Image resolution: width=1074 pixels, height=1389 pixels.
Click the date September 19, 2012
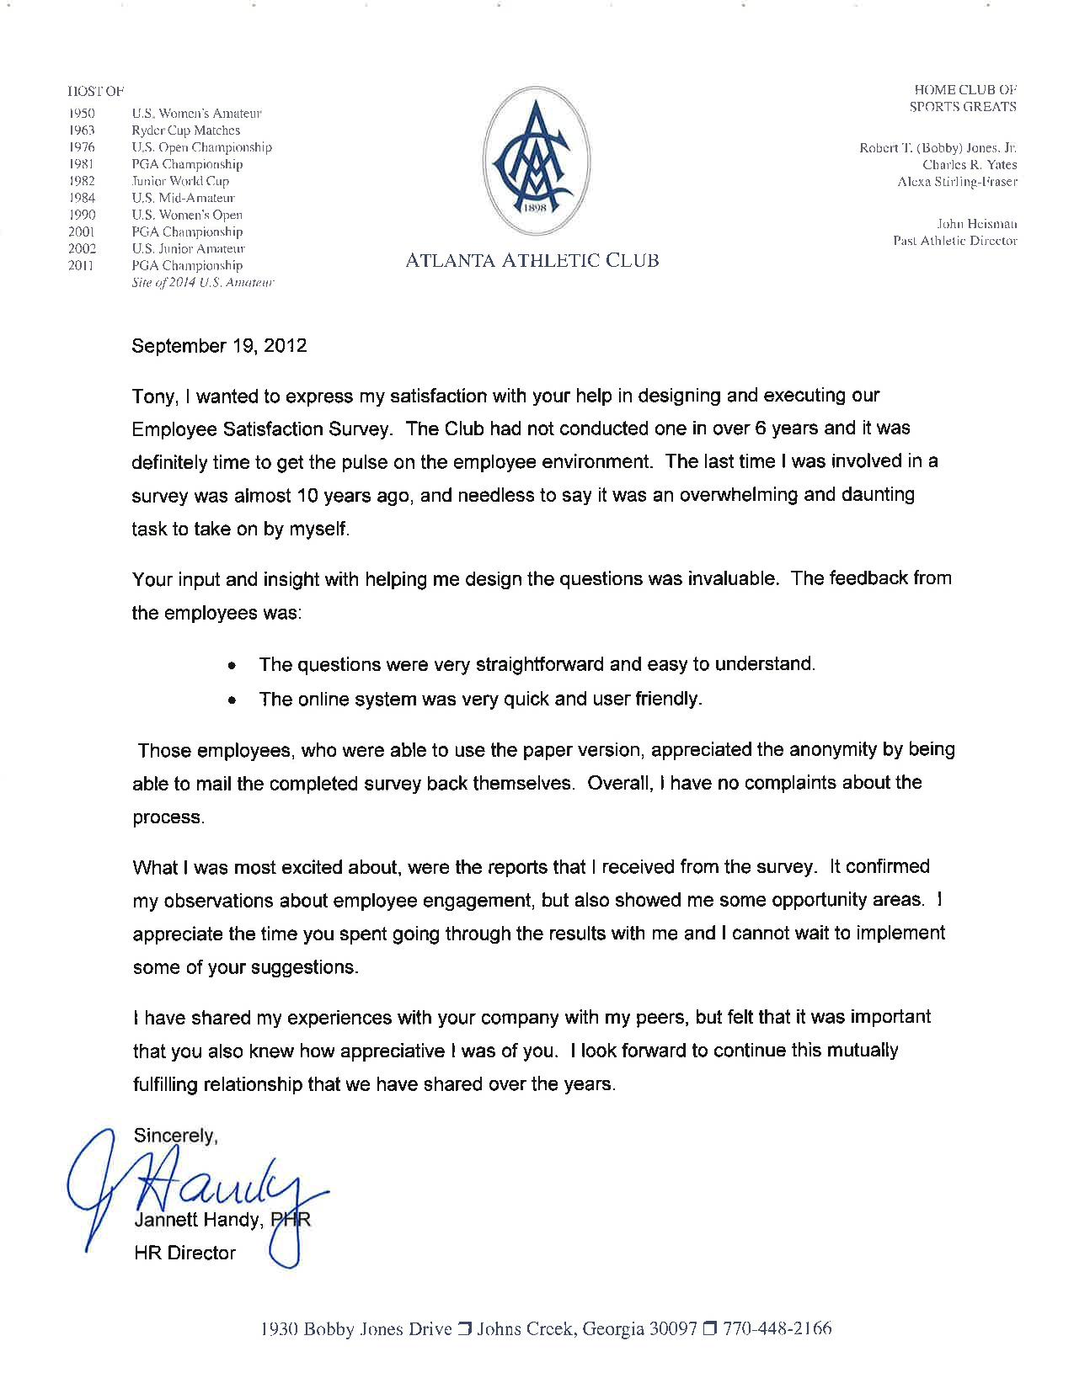tap(219, 346)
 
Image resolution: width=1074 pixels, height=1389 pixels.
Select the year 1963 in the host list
tap(82, 130)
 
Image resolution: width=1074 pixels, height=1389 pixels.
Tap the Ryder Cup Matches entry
tap(186, 130)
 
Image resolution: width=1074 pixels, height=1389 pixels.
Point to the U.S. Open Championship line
tap(202, 147)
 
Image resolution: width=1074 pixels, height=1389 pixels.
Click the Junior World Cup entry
tap(180, 181)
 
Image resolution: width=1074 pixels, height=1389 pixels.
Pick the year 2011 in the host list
tap(82, 265)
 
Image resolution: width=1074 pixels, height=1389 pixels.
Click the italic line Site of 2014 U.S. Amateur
tap(203, 283)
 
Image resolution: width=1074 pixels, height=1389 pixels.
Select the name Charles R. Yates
tap(970, 165)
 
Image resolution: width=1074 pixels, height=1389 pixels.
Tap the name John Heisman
tap(977, 224)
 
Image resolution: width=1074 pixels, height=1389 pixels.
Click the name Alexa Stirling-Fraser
tap(958, 182)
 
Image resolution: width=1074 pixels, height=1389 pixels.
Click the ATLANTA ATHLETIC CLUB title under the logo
tap(532, 261)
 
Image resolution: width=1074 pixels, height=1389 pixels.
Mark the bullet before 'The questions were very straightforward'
tap(231, 666)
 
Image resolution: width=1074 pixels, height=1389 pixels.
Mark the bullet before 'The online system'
tap(231, 700)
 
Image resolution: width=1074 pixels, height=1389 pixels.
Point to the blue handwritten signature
tap(194, 1187)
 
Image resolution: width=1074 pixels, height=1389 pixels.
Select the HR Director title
tap(184, 1253)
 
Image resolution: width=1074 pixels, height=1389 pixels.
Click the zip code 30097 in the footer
tap(673, 1329)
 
